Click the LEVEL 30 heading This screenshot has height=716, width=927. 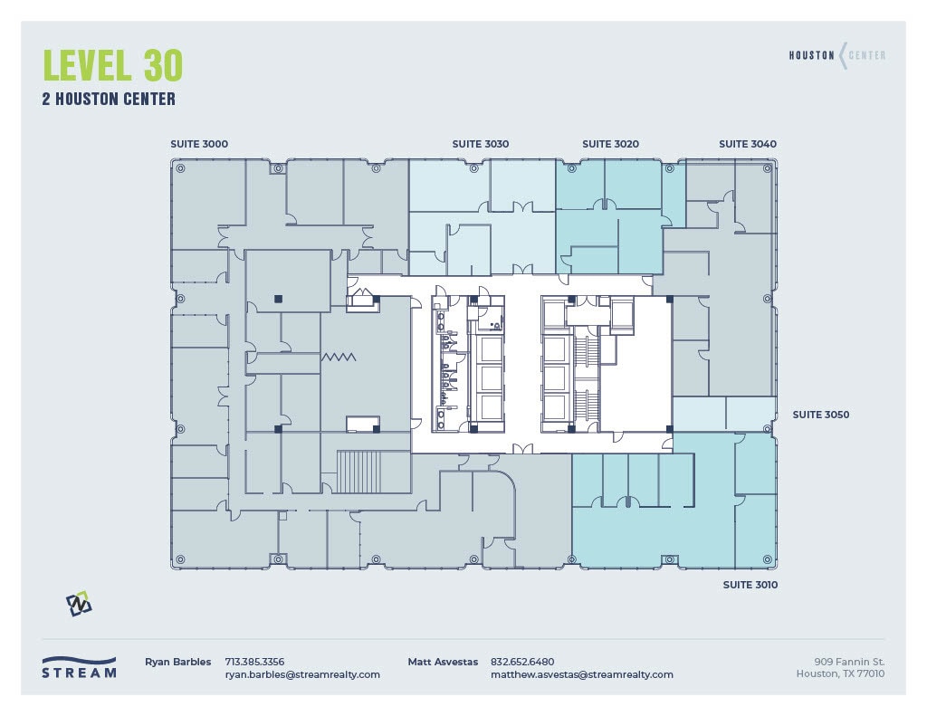[113, 65]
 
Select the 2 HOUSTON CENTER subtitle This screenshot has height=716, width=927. [109, 100]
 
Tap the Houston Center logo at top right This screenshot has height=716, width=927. [837, 55]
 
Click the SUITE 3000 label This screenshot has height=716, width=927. [199, 144]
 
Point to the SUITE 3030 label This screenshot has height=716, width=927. [481, 144]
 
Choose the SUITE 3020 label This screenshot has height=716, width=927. [610, 144]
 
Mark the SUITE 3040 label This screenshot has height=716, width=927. [748, 144]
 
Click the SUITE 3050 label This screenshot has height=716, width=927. [820, 415]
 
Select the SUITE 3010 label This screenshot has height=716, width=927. [750, 585]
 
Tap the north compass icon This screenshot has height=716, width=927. [79, 604]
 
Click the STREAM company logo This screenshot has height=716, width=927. [80, 667]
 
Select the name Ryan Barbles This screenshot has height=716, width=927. [177, 662]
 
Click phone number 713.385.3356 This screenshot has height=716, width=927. [254, 662]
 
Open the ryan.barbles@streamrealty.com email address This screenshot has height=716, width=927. [302, 674]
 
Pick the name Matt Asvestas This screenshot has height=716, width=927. [443, 662]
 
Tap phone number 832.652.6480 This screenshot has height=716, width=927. [522, 662]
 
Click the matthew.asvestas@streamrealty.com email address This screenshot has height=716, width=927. [581, 674]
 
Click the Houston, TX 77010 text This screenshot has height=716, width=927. [840, 673]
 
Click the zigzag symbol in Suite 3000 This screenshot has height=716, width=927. [339, 358]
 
